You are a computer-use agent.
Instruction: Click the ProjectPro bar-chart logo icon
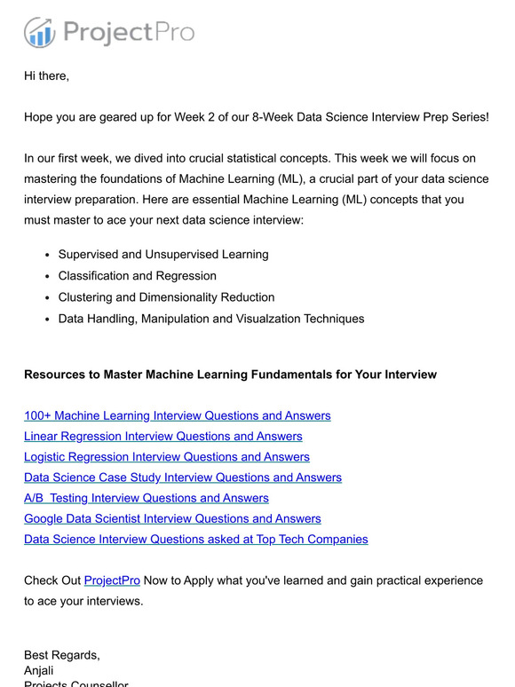click(x=40, y=33)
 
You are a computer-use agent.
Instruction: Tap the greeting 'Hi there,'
click(x=46, y=75)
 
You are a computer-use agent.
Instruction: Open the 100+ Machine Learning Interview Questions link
click(x=177, y=415)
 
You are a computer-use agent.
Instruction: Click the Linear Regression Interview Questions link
click(x=162, y=436)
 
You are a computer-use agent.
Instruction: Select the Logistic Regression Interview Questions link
click(x=167, y=456)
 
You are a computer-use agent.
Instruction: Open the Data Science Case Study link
click(x=182, y=478)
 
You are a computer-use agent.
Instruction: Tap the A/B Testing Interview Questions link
click(x=146, y=498)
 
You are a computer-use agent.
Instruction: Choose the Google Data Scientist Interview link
click(x=172, y=518)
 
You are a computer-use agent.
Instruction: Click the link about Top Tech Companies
click(x=195, y=539)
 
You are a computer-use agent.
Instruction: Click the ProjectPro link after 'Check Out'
click(x=112, y=580)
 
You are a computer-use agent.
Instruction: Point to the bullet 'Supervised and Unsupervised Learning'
click(x=163, y=255)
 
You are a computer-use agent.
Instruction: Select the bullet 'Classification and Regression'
click(x=138, y=276)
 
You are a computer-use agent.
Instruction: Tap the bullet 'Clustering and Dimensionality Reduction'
click(x=166, y=297)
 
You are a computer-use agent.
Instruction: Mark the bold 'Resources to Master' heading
click(x=230, y=375)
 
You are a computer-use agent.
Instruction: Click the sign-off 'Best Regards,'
click(x=62, y=655)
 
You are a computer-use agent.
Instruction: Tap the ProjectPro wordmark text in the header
click(x=128, y=34)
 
